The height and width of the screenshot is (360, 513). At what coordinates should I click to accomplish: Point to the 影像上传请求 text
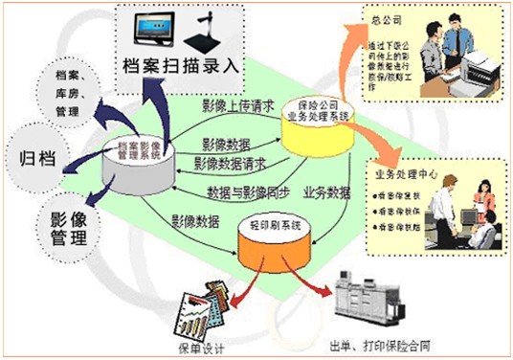pos(239,104)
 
